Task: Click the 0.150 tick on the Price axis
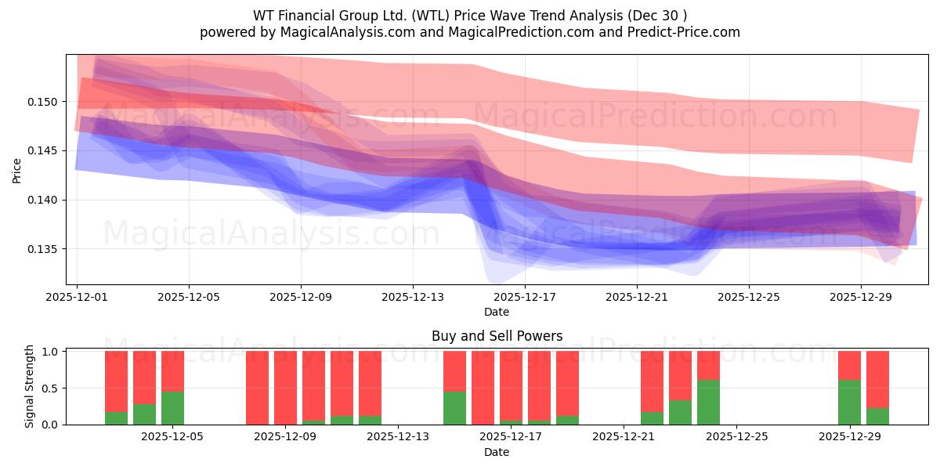[x=45, y=102]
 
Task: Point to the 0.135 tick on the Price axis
[x=45, y=249]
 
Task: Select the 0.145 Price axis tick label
[x=45, y=150]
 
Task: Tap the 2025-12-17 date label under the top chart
[x=524, y=298]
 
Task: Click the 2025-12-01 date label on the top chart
[x=77, y=298]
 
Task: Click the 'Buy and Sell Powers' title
[x=497, y=336]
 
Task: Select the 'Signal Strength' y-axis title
[x=29, y=387]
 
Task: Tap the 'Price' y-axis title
[x=17, y=170]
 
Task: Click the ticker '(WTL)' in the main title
[x=431, y=16]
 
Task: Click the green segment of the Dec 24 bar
[x=708, y=402]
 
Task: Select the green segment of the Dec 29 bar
[x=849, y=402]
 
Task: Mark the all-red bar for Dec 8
[x=257, y=388]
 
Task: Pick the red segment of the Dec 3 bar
[x=116, y=381]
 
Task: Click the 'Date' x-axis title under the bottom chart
[x=497, y=452]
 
